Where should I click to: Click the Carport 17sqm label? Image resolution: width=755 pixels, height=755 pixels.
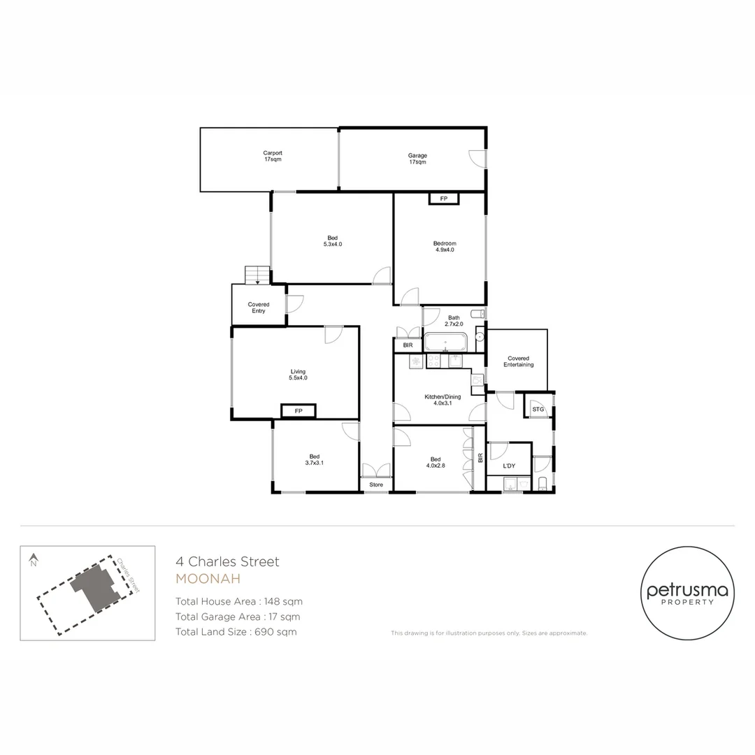pos(273,157)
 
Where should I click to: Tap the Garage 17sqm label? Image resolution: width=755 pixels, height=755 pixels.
pos(417,159)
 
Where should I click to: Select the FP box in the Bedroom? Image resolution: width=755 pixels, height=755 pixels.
pos(443,199)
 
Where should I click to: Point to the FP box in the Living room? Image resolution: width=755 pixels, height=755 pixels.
pos(299,411)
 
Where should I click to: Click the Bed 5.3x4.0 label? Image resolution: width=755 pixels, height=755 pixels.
pos(333,241)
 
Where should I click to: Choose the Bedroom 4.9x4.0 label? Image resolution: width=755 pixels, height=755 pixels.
pos(445,246)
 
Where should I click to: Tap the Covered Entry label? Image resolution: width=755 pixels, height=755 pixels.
pos(259,308)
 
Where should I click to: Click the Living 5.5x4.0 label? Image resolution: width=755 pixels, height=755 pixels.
pos(299,375)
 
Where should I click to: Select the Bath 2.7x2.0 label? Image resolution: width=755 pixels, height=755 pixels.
pos(454,321)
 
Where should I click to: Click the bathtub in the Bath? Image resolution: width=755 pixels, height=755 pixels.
pos(446,343)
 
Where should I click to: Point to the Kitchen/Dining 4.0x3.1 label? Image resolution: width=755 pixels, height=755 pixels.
pos(443,400)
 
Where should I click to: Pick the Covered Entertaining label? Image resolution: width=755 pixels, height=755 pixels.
pos(518,361)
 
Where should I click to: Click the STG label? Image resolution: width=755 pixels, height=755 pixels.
pos(538,409)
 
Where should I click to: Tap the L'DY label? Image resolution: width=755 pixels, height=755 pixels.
pos(509,466)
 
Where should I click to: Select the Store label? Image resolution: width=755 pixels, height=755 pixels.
pos(376,484)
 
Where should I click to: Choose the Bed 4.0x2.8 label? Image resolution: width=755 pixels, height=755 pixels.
pos(436,462)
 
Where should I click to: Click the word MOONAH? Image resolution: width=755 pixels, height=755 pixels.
pos(208,579)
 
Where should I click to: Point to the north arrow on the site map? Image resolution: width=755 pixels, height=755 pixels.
pos(33,559)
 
